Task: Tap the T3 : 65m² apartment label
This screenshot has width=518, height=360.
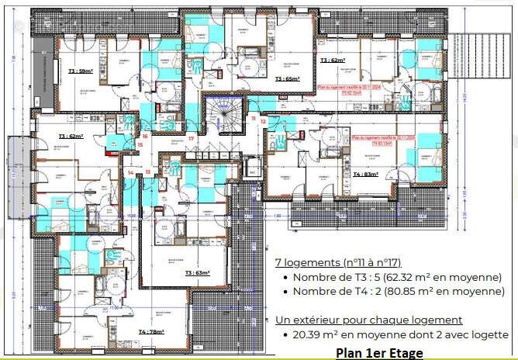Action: [x=287, y=78]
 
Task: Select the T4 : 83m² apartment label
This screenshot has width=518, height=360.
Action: [x=366, y=175]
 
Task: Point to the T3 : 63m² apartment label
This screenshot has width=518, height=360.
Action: [x=199, y=273]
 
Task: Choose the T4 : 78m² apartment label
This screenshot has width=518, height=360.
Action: [x=151, y=331]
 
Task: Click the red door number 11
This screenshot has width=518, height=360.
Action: [x=253, y=117]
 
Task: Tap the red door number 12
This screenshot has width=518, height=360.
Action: [x=264, y=122]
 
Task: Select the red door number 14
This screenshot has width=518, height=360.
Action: [x=129, y=172]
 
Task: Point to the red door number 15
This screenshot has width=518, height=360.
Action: [x=140, y=144]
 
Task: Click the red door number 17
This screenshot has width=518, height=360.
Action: [x=191, y=138]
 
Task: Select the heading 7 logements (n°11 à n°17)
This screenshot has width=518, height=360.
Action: [x=338, y=263]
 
